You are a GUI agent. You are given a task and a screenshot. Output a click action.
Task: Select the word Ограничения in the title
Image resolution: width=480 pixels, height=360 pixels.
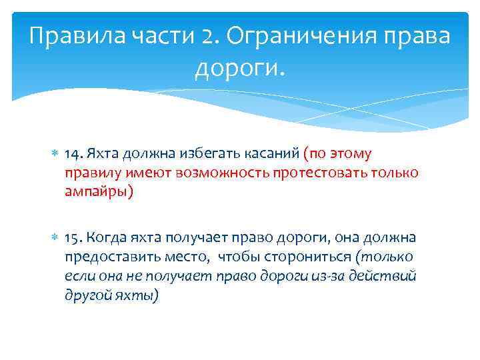(x=302, y=37)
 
